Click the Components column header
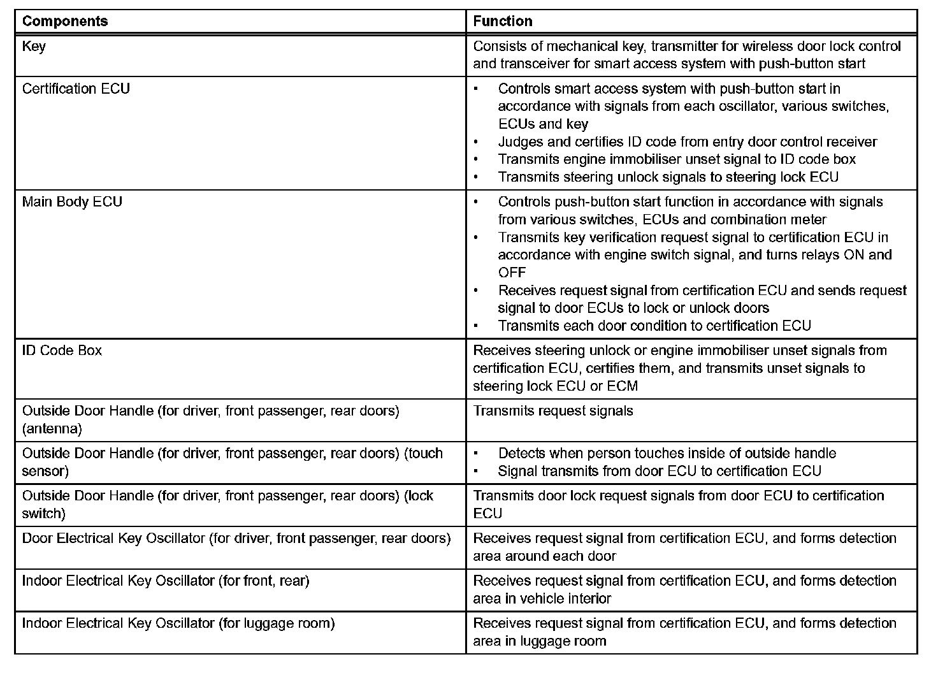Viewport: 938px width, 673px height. click(65, 21)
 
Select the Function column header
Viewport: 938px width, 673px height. click(503, 21)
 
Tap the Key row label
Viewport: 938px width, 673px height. click(34, 47)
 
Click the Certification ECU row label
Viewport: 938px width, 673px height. click(76, 89)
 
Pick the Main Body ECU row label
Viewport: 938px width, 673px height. click(72, 202)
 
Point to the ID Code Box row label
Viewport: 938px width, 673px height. click(62, 351)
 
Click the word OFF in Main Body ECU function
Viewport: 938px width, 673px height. click(512, 273)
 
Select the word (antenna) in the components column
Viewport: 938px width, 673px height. click(52, 429)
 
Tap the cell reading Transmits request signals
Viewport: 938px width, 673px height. click(553, 411)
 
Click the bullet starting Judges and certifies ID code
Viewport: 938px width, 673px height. click(688, 142)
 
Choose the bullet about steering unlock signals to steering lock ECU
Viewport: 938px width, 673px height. click(668, 177)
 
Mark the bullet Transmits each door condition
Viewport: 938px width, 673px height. click(654, 326)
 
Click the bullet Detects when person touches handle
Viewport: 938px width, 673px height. click(667, 454)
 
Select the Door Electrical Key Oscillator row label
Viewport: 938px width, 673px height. click(236, 539)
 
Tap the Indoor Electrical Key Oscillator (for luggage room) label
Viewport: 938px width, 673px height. click(178, 623)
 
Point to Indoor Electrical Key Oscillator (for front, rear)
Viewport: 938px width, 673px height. click(166, 581)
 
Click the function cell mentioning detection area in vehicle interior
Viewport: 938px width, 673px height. click(684, 590)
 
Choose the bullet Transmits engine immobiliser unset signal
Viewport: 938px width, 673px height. click(677, 159)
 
